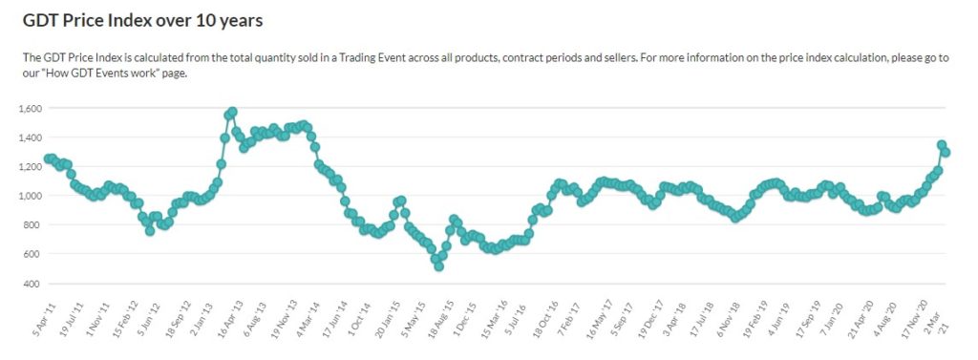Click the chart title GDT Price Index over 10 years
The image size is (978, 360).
coord(142,20)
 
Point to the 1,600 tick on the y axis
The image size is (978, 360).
coord(31,108)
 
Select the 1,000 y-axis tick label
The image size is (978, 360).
coord(31,196)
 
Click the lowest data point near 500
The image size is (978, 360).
coord(439,266)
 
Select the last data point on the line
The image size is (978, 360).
coord(946,152)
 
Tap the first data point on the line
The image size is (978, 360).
coord(48,159)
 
